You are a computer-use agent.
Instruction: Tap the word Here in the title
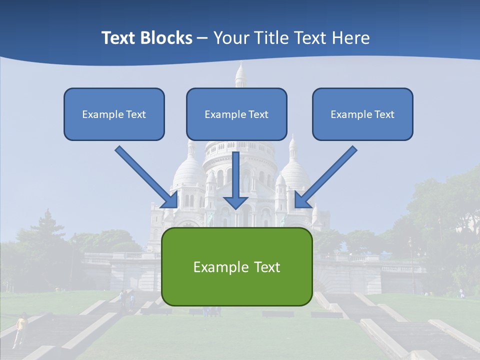352,38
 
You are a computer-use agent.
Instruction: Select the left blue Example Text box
114,114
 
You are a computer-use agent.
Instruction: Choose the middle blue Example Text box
236,114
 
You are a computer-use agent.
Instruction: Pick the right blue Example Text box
362,114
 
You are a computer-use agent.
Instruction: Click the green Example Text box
237,266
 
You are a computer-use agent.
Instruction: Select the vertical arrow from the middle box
235,175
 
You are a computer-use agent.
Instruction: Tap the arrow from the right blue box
327,175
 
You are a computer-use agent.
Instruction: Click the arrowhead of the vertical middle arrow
235,202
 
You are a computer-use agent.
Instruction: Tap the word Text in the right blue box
384,114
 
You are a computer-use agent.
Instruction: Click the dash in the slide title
202,38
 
